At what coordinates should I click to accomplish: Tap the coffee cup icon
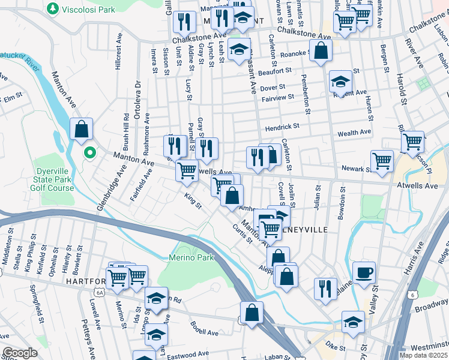pyautogui.click(x=364, y=273)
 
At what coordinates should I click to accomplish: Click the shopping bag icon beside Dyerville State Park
pyautogui.click(x=81, y=130)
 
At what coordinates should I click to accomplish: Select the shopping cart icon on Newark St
pyautogui.click(x=382, y=161)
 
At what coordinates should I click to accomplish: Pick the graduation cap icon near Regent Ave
pyautogui.click(x=340, y=82)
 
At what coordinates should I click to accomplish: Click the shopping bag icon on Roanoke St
pyautogui.click(x=321, y=52)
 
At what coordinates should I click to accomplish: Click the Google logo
pyautogui.click(x=20, y=353)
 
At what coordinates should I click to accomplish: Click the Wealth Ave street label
pyautogui.click(x=354, y=133)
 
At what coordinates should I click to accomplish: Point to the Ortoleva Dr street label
pyautogui.click(x=137, y=104)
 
